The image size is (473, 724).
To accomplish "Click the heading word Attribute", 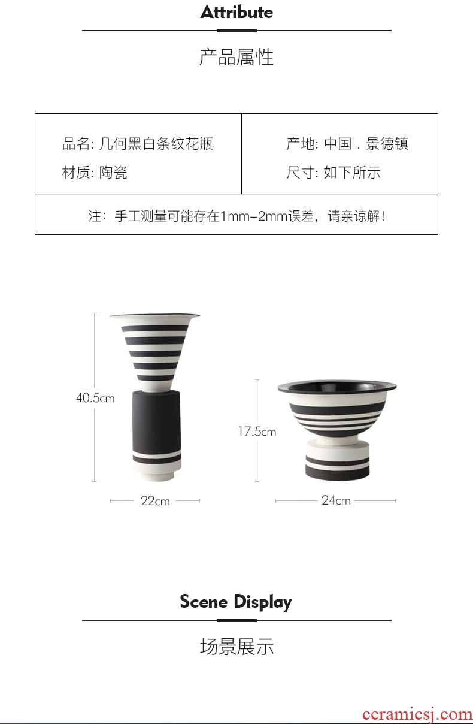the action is [x=236, y=12].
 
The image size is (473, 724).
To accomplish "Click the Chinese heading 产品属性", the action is [x=236, y=57].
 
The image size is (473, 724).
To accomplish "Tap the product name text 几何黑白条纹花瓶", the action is [x=156, y=144].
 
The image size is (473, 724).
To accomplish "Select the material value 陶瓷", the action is [x=113, y=172].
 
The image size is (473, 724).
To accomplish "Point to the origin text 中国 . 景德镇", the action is [x=366, y=144].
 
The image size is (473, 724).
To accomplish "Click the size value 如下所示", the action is [x=352, y=172].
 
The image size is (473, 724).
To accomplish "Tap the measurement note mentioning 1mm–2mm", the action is [x=237, y=216].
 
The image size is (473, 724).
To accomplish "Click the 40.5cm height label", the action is [x=95, y=398].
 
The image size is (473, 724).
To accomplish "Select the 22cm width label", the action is [x=155, y=501].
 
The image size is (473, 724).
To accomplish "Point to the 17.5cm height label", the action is [x=257, y=432].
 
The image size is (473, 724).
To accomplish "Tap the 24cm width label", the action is [x=336, y=500].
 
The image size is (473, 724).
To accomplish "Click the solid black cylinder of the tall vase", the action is [x=157, y=420].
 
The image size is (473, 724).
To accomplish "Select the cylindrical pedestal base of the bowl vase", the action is [x=337, y=460].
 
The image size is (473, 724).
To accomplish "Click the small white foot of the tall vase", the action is [x=157, y=476].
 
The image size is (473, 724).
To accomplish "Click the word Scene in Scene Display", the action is [x=204, y=602].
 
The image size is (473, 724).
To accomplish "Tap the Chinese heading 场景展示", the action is [x=236, y=647].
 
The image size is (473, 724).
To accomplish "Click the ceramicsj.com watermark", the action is [x=417, y=714].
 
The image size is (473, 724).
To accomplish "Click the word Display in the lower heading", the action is [x=262, y=602].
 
